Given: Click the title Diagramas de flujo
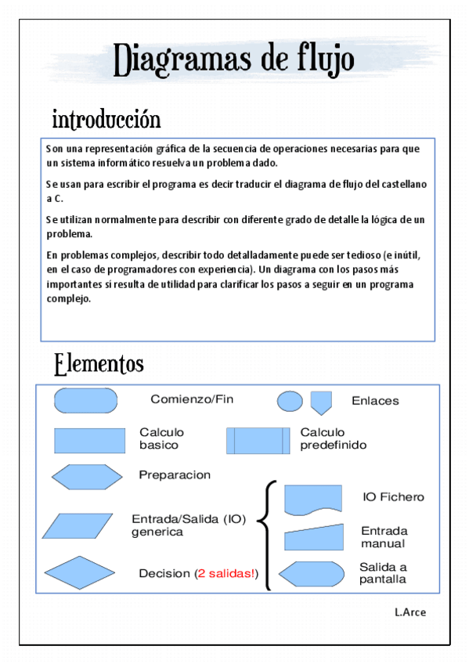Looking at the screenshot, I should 234,60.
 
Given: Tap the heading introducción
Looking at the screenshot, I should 106,120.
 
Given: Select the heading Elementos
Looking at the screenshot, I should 99,364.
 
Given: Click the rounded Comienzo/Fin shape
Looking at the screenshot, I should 85,400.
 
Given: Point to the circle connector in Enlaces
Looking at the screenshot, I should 290,402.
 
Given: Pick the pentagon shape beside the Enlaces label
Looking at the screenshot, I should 320,402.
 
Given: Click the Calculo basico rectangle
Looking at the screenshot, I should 89,440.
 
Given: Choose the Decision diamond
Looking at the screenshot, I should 80,572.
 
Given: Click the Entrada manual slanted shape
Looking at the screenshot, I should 312,538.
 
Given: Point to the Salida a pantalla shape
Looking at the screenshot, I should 312,574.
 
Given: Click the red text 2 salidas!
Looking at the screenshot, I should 226,574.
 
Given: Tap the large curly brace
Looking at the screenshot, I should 268,534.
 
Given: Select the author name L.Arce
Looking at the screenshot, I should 410,612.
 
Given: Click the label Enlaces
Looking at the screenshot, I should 375,401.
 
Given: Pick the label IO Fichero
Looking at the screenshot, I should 393,496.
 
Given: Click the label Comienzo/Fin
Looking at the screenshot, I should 192,399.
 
